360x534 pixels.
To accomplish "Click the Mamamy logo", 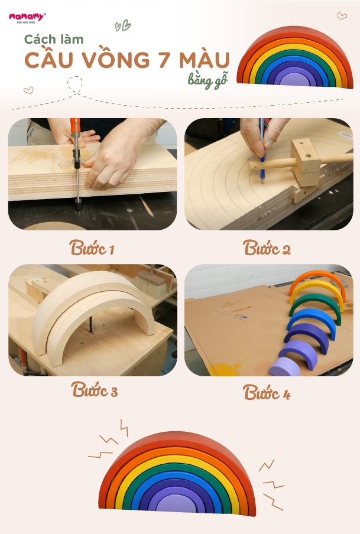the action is point(27,17).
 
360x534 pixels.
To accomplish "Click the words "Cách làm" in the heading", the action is point(54,40).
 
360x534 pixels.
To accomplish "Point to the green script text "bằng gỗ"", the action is point(207,81).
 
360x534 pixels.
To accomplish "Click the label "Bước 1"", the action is point(92,248).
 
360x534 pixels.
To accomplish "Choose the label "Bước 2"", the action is point(267,248).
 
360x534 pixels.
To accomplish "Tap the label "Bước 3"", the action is point(95,389).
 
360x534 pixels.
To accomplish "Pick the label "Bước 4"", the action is point(267,392).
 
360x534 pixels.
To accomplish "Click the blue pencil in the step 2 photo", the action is point(262,153).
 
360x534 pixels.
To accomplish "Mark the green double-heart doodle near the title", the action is point(123,25).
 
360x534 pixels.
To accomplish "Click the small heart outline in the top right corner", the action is point(342,16).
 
